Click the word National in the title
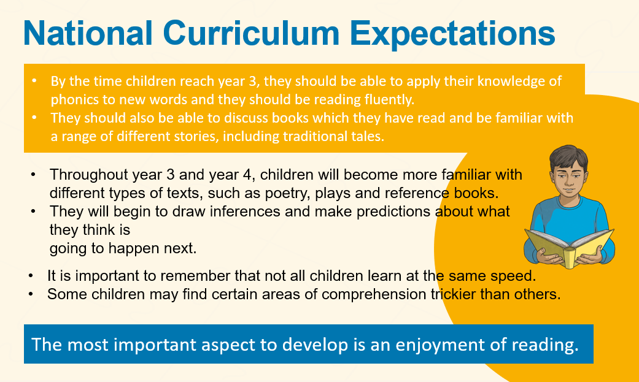click(x=88, y=32)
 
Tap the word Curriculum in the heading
click(x=251, y=32)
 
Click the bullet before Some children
click(x=31, y=294)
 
